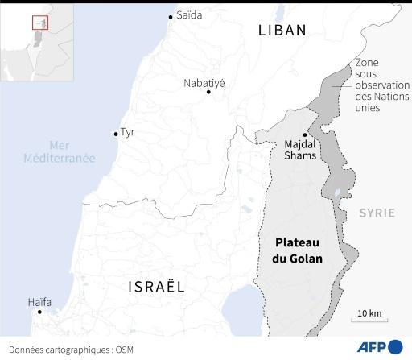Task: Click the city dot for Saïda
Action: [171, 16]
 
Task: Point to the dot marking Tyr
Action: [115, 134]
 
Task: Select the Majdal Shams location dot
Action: [304, 134]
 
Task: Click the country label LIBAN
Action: [282, 31]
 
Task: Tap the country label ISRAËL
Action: [156, 286]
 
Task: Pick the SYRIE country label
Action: [377, 213]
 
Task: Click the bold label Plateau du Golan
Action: [299, 250]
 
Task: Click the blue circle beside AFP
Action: [395, 347]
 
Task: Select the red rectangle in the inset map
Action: [36, 23]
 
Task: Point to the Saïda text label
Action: [189, 15]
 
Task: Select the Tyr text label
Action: [128, 133]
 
